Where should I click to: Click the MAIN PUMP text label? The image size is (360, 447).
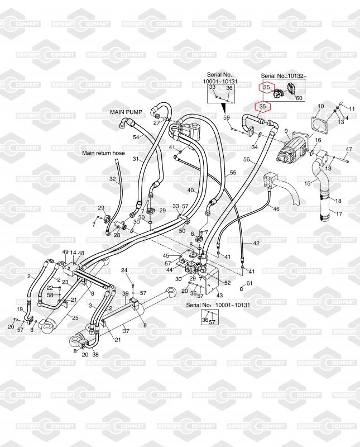[x=126, y=112]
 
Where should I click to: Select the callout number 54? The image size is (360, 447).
[x=136, y=137]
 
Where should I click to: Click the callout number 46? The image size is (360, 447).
[x=275, y=208]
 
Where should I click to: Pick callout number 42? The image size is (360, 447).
[x=256, y=244]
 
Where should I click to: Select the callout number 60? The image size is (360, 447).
[x=299, y=98]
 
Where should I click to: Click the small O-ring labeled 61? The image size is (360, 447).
[x=242, y=288]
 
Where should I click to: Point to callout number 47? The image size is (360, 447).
[x=348, y=149]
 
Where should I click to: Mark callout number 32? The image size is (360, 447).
[x=112, y=179]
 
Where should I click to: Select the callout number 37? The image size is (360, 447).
[x=126, y=331]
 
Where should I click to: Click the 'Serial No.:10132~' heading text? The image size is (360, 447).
[x=283, y=75]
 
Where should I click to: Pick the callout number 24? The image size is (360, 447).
[x=124, y=270]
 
